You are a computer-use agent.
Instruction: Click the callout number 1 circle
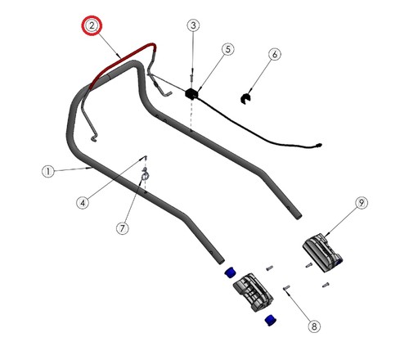pos(48,172)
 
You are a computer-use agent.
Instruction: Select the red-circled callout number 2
pos(92,25)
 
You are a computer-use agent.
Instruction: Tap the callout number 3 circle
pos(193,25)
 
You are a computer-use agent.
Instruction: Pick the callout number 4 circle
pos(83,203)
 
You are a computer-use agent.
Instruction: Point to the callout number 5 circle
pos(227,49)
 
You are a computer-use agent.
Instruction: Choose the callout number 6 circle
pos(275,54)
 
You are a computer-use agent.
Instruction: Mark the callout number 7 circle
pos(123,227)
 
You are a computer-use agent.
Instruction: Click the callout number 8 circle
pos(314,326)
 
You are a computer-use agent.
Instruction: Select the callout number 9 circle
pos(362,203)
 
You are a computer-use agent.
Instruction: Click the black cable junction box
pos(191,94)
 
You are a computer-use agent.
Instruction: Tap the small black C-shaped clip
pos(246,98)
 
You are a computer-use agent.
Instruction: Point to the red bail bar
pos(123,59)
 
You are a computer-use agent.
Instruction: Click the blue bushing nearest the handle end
pos(231,272)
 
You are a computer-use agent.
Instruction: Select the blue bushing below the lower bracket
pos(271,320)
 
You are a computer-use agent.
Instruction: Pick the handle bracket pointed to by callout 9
pos(322,252)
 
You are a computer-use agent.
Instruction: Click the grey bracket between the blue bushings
pos(254,293)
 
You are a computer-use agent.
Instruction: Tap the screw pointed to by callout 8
pos(287,287)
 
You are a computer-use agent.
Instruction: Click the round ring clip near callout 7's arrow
pos(145,176)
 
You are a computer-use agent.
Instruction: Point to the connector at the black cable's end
pos(318,145)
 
